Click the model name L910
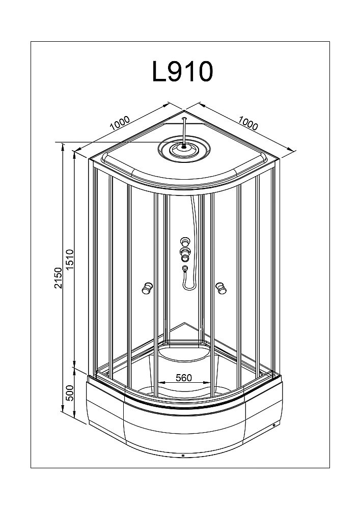click(x=182, y=72)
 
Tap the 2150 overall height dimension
click(x=59, y=278)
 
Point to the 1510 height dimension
click(x=70, y=260)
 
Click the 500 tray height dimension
click(x=70, y=393)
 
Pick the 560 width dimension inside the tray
click(x=183, y=378)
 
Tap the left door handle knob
click(x=147, y=289)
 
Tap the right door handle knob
click(x=220, y=289)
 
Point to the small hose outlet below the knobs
click(x=185, y=268)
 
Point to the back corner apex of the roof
click(x=184, y=111)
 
